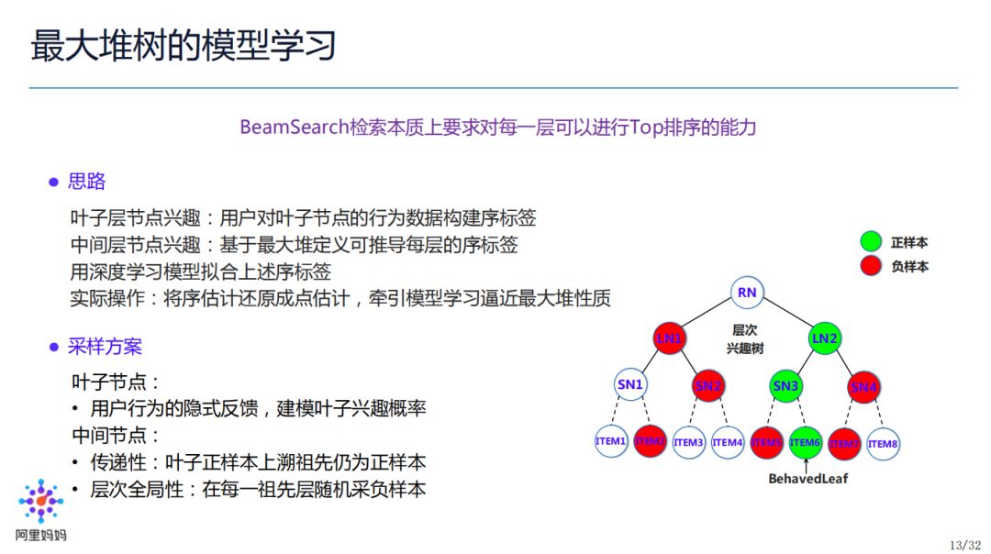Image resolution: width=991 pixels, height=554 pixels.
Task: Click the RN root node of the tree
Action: click(x=747, y=293)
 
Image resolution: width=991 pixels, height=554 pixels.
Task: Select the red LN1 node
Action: click(x=669, y=338)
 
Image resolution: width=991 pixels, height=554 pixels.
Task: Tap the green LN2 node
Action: click(x=824, y=338)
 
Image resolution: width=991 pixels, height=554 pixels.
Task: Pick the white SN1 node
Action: click(x=630, y=385)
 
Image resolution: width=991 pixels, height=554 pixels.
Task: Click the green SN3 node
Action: click(x=785, y=386)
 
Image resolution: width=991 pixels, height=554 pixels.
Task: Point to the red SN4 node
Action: click(x=863, y=387)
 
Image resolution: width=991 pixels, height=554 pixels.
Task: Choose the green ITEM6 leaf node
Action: click(x=805, y=443)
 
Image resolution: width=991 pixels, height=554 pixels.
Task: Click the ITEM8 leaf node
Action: click(x=883, y=444)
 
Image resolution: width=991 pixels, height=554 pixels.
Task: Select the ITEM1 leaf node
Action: click(x=610, y=442)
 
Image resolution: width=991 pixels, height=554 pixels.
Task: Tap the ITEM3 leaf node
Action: click(x=688, y=443)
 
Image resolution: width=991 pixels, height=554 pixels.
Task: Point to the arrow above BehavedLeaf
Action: click(x=805, y=464)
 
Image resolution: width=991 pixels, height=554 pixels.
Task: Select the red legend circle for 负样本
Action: click(x=871, y=266)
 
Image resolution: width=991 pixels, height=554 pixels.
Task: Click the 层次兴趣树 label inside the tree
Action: click(x=746, y=339)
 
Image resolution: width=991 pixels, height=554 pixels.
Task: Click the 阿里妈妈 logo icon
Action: click(x=41, y=502)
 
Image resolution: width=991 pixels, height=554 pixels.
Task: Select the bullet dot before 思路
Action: click(x=53, y=183)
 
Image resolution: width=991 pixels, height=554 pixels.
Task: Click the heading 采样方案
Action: click(x=106, y=347)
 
